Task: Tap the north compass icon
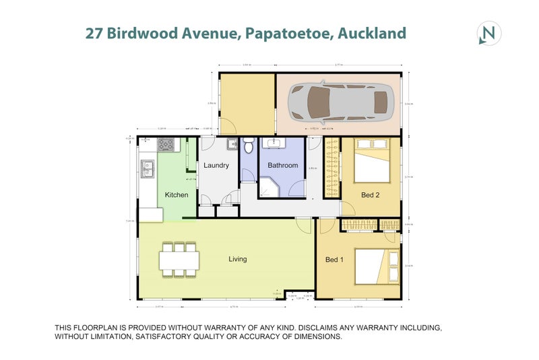point(488,33)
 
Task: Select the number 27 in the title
point(94,32)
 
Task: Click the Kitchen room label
point(177,195)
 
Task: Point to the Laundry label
point(217,164)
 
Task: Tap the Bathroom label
point(282,164)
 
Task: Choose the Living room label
point(237,259)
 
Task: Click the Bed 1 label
point(335,260)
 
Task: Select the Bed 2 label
point(371,195)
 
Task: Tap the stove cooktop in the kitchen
point(166,144)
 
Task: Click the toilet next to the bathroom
point(249,145)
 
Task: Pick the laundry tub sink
point(231,143)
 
